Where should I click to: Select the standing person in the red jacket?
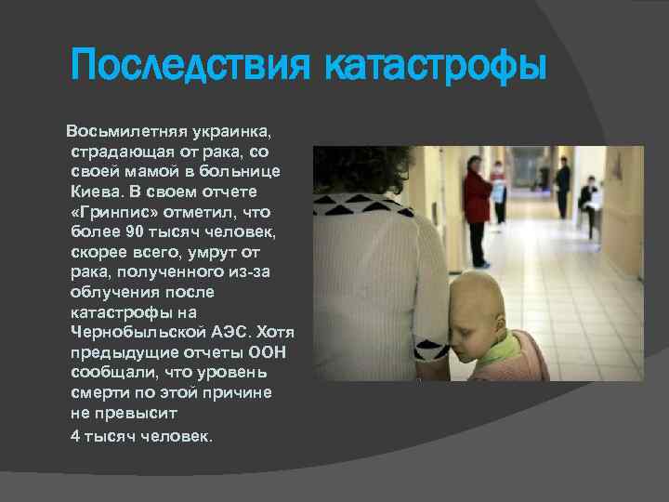click(x=477, y=210)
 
